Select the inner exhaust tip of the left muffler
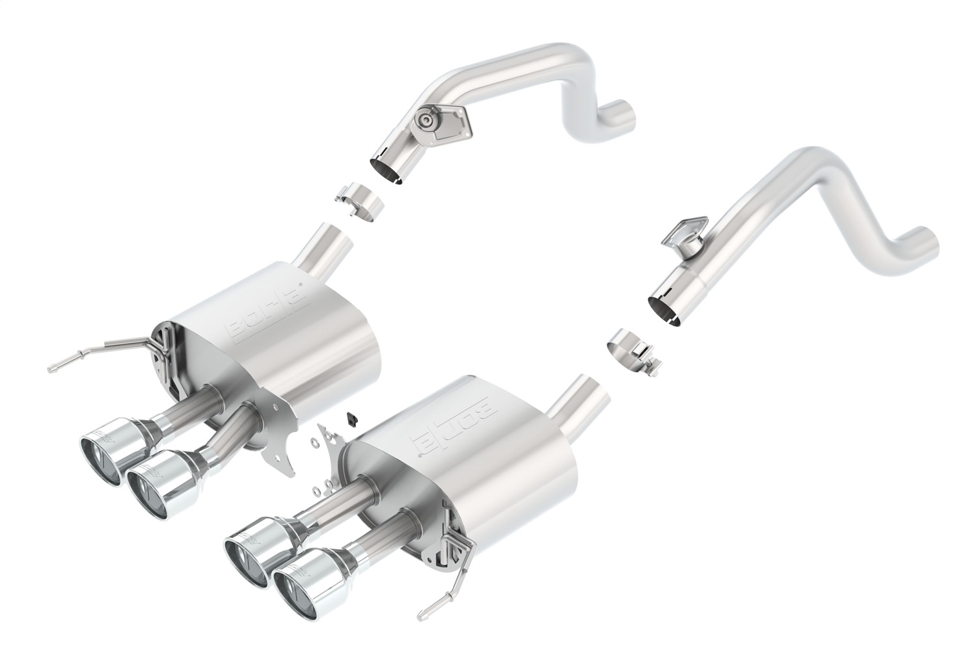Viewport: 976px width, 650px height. pos(154,481)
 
